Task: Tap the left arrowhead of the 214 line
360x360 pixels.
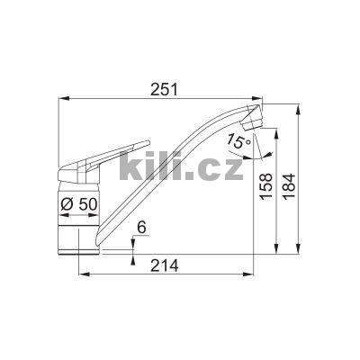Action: click(84, 274)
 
